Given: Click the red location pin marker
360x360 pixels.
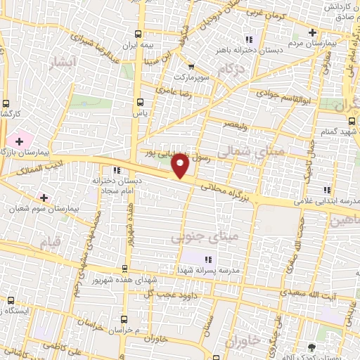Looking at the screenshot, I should coord(181,167).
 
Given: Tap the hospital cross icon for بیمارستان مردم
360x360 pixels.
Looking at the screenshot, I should coord(312,32).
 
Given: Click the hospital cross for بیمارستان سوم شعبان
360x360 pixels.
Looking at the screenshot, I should coord(44,198).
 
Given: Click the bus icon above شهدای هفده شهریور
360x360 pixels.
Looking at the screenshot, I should coord(125,268).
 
